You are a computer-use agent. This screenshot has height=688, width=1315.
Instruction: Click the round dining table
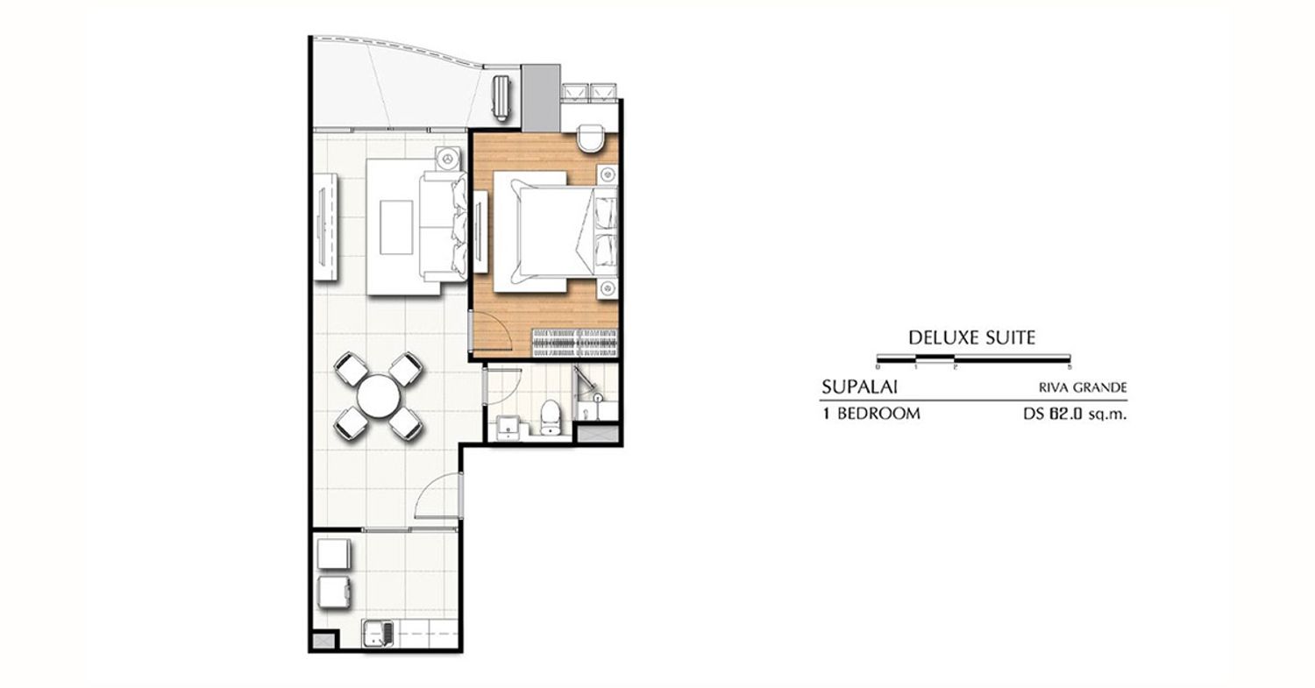(379, 396)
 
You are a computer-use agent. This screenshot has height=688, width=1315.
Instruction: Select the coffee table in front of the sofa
(396, 227)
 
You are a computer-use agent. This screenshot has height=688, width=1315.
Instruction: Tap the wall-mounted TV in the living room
(321, 227)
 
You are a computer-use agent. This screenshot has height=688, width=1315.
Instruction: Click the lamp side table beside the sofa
(449, 159)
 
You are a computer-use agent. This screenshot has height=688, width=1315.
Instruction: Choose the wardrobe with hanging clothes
(575, 343)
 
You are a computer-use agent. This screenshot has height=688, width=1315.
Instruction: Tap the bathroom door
(503, 385)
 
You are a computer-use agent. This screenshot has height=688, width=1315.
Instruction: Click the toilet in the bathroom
(550, 417)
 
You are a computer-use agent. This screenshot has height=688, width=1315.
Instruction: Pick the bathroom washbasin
(508, 428)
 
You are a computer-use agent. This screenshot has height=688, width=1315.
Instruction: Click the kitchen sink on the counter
(379, 634)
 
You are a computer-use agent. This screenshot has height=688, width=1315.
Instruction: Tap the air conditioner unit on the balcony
(502, 98)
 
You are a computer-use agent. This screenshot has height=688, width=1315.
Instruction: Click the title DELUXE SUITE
(971, 337)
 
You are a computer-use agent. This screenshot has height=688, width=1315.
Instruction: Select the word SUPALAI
(859, 387)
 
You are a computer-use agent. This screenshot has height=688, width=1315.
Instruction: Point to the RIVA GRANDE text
(1083, 387)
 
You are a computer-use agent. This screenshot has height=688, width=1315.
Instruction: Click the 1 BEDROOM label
(871, 414)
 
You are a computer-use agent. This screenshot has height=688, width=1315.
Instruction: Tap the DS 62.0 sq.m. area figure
(1075, 414)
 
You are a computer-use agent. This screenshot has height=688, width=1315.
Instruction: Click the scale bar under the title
(973, 358)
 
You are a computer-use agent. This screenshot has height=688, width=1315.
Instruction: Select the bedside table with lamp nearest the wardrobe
(608, 288)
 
